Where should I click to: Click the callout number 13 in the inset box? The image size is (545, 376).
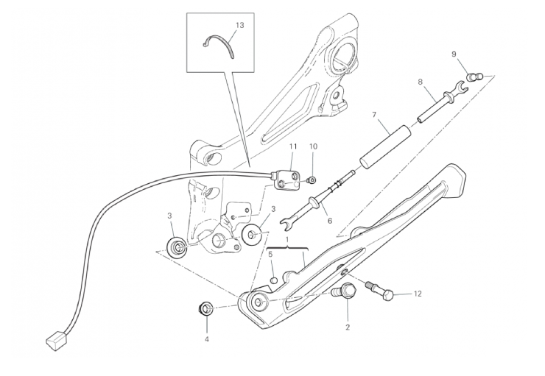click(240, 25)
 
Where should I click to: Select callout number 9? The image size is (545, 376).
click(454, 54)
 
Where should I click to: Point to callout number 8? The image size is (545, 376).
click(421, 82)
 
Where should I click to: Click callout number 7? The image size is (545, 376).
click(374, 115)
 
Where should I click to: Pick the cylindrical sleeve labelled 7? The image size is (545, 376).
click(385, 148)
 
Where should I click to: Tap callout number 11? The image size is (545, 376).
click(293, 146)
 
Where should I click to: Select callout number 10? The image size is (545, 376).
click(313, 146)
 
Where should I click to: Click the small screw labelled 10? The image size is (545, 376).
click(311, 180)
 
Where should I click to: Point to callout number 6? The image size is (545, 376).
click(329, 221)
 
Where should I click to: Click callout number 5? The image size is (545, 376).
click(270, 254)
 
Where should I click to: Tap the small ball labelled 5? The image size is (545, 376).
click(274, 271)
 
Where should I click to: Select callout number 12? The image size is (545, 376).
click(418, 294)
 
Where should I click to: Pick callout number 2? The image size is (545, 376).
click(348, 327)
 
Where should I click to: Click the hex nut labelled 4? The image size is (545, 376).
click(205, 308)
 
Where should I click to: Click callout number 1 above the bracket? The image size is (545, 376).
click(287, 240)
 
